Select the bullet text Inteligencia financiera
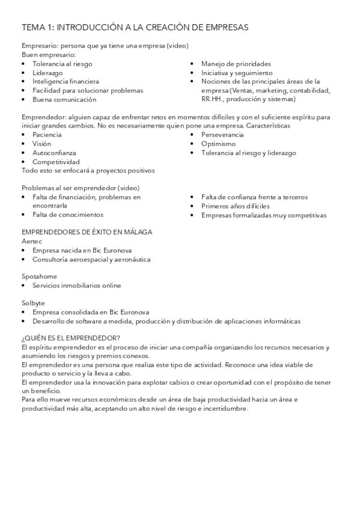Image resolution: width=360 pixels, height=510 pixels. point(66,81)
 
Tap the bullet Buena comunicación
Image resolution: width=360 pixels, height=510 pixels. point(64,99)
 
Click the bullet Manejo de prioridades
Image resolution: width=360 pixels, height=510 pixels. point(236,63)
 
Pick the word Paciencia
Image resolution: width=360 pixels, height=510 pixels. point(47,135)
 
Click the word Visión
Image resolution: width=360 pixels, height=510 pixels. point(42,144)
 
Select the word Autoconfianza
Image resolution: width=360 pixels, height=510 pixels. point(54,153)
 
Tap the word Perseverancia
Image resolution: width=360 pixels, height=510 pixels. point(222,135)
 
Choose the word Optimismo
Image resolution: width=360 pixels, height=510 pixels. point(218,144)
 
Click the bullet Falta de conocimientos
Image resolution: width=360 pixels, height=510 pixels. point(68,214)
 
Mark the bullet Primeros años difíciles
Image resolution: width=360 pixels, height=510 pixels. point(236,206)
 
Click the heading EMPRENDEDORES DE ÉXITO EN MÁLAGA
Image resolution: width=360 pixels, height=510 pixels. point(87,232)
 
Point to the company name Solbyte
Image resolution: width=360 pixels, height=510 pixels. point(34,303)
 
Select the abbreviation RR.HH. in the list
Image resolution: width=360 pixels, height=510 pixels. point(213,99)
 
